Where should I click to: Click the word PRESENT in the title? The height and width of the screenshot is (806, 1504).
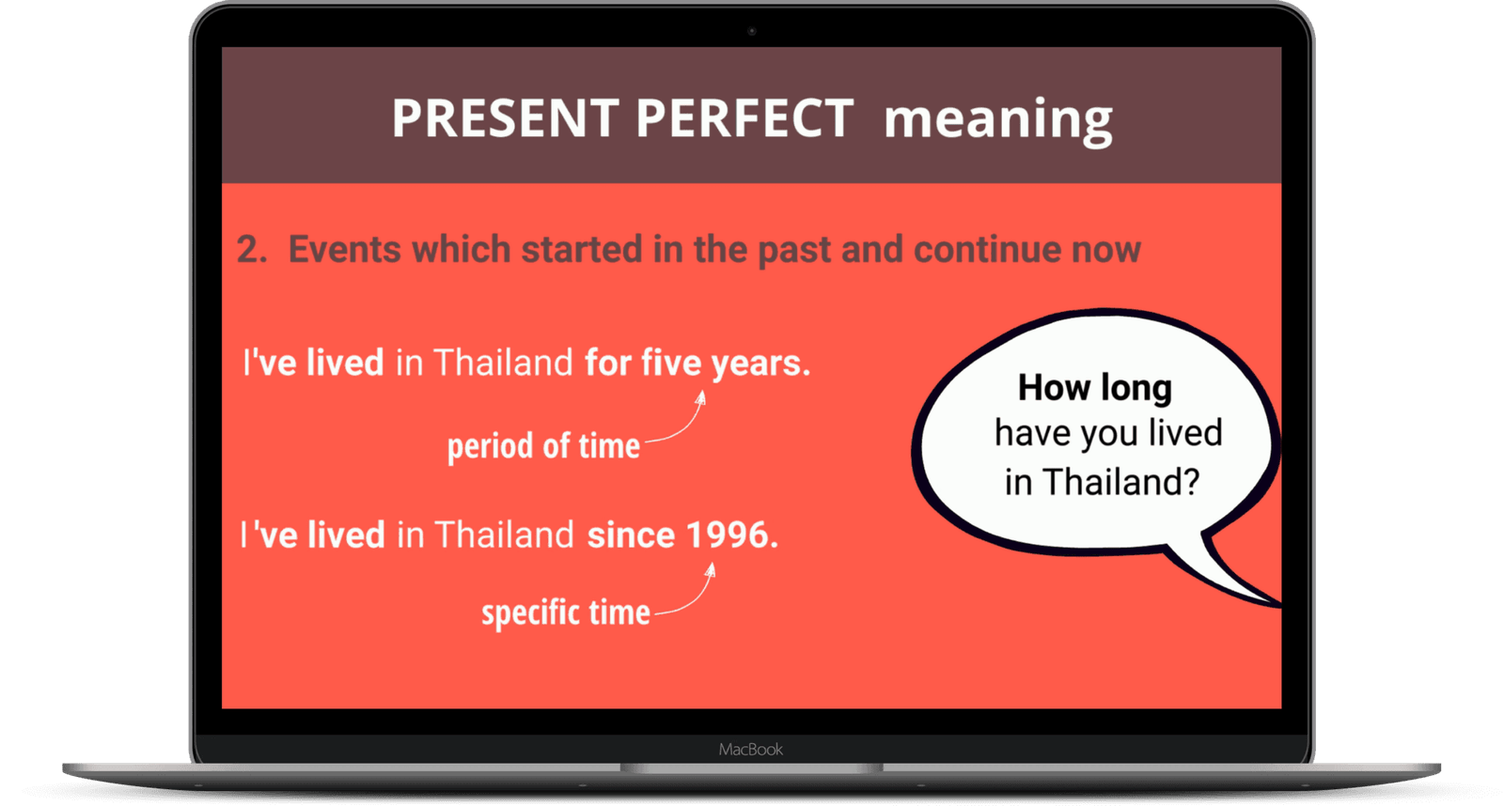[x=504, y=119]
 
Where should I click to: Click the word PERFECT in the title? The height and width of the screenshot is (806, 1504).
[x=744, y=119]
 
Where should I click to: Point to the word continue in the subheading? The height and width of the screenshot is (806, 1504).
[x=986, y=250]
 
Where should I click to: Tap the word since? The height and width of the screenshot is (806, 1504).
[x=631, y=535]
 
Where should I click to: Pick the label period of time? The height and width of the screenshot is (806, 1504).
[x=543, y=446]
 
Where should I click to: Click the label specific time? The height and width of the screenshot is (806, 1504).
[x=565, y=613]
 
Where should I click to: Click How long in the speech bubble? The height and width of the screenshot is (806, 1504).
[x=1094, y=387]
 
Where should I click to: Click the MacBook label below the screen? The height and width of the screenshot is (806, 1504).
[x=750, y=750]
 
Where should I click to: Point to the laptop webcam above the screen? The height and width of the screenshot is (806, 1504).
[x=751, y=31]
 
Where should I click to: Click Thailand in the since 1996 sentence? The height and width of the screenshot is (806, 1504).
[x=503, y=535]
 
